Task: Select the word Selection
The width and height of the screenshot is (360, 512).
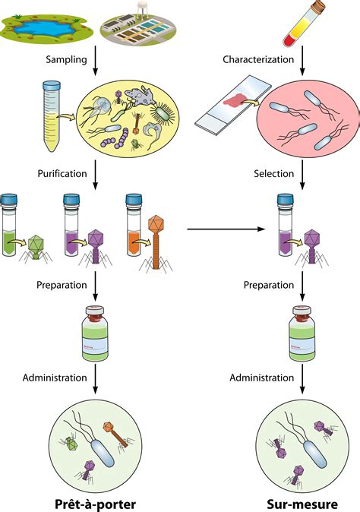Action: [273, 174]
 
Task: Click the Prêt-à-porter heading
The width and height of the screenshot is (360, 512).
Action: [95, 502]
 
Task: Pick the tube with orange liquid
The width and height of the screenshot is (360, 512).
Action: [134, 220]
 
